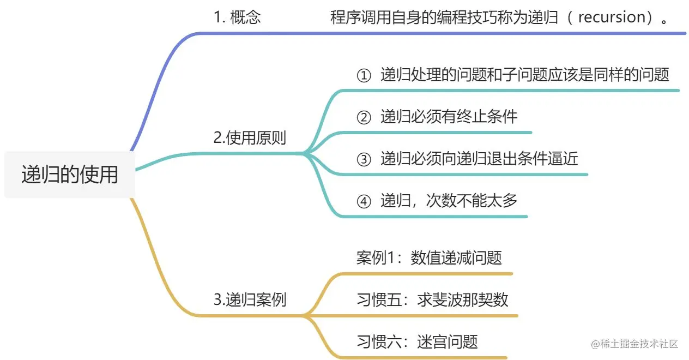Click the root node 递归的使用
tap(70, 175)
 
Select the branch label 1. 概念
tap(237, 17)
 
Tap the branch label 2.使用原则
tap(250, 138)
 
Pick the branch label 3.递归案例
tap(250, 299)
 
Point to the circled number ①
tap(363, 76)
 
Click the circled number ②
tap(363, 117)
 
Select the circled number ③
tap(363, 159)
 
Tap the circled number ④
tap(363, 201)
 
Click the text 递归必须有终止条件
tap(449, 117)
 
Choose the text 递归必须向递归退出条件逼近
tap(479, 159)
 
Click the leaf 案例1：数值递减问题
tap(429, 257)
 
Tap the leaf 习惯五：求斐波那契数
tap(432, 299)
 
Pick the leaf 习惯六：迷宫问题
tap(417, 341)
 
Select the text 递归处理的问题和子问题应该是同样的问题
tap(524, 75)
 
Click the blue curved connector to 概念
tap(158, 82)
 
